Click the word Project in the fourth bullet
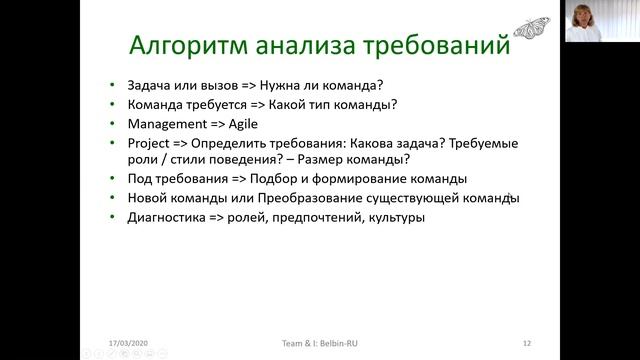150,144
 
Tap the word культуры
395,217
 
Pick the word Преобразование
321,198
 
